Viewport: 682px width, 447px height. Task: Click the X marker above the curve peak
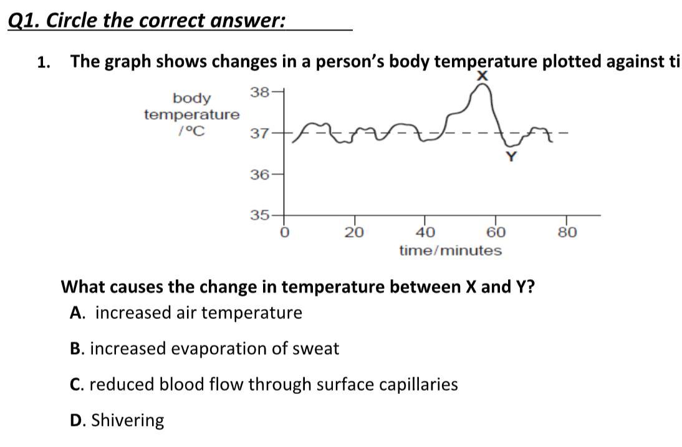pos(481,76)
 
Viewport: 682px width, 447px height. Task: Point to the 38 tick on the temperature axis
pos(259,92)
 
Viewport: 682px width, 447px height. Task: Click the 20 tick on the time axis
pos(355,233)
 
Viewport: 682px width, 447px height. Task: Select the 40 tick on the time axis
pos(426,233)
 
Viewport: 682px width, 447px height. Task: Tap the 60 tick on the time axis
pos(496,233)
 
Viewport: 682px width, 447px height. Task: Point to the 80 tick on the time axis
pos(567,233)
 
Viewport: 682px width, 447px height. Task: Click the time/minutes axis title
pos(450,251)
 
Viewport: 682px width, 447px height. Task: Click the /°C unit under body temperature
pos(191,132)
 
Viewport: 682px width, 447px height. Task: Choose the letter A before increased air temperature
pos(77,313)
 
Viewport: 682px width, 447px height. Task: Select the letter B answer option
pos(77,348)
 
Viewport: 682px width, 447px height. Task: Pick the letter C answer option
pos(77,385)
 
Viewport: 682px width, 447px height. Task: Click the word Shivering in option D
pos(128,421)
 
